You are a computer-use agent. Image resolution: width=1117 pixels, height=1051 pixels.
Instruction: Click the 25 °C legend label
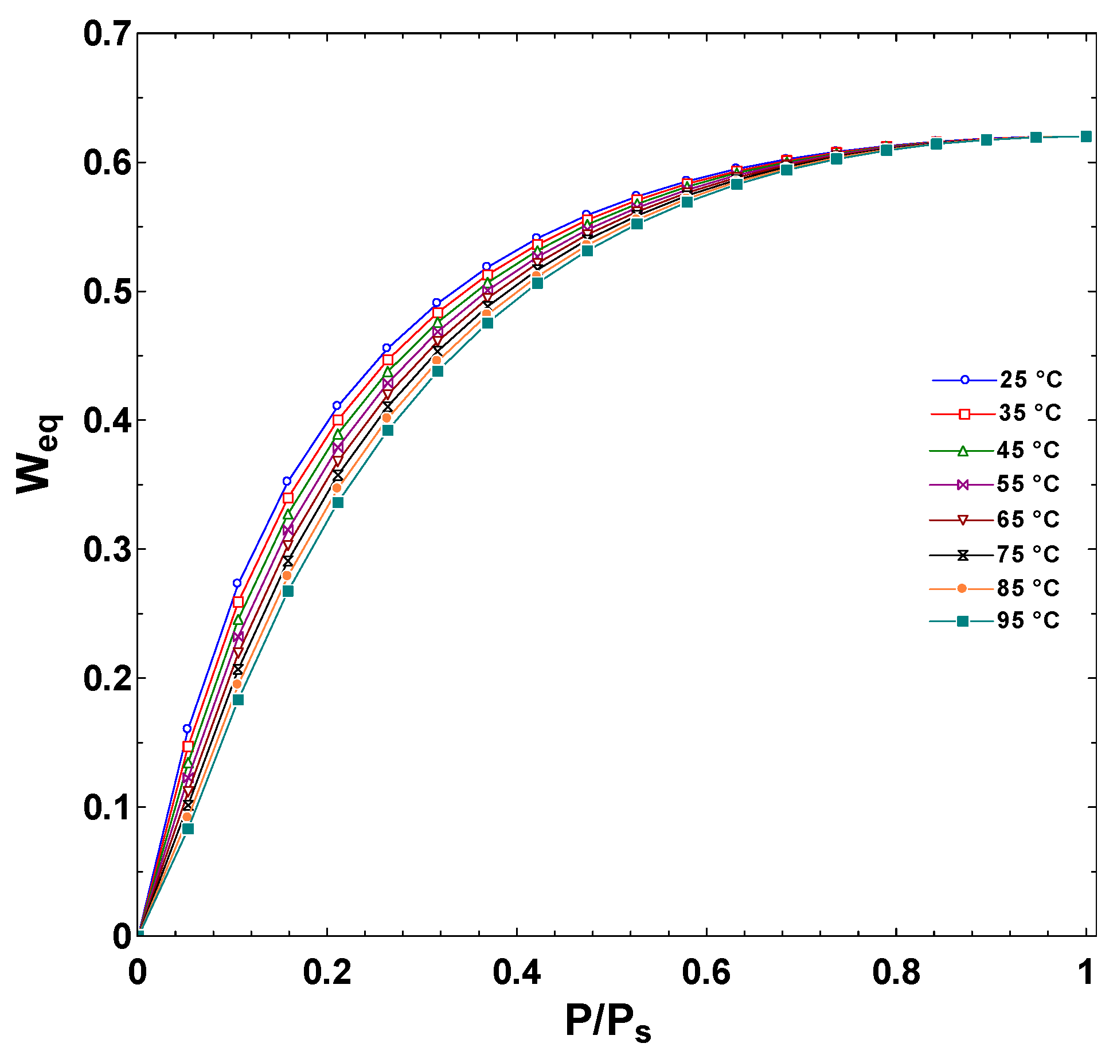[x=1030, y=380]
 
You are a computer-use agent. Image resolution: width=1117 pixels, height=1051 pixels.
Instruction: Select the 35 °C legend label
[x=1029, y=413]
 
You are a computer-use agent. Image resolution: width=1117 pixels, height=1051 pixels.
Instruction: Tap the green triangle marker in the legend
[x=963, y=451]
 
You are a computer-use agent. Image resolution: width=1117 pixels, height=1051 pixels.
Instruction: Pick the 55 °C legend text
[x=1028, y=485]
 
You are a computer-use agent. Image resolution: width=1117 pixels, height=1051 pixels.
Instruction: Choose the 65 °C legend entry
[x=1028, y=519]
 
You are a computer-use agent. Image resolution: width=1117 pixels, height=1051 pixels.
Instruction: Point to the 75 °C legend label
[x=1028, y=554]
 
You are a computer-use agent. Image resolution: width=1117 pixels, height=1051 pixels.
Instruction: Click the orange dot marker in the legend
[x=962, y=588]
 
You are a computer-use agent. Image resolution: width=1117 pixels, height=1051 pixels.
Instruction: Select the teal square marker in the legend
[x=963, y=621]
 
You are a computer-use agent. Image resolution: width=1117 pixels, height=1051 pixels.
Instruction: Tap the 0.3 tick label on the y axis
[x=107, y=549]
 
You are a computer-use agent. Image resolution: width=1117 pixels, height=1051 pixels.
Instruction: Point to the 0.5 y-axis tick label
[x=107, y=291]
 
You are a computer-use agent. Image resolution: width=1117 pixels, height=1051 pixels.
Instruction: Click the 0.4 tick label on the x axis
[x=516, y=973]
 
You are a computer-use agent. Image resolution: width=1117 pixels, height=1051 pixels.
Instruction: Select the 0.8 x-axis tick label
[x=896, y=973]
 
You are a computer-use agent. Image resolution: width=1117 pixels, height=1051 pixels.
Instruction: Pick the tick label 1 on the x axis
[x=1085, y=973]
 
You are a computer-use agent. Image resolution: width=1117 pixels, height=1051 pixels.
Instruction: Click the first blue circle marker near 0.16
[x=187, y=729]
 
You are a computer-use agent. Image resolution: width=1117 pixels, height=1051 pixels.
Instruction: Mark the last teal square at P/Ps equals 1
[x=1086, y=136]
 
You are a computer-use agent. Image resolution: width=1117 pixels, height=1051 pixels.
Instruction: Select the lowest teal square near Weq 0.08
[x=188, y=829]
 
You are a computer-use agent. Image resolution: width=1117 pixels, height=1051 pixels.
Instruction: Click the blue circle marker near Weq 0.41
[x=337, y=405]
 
